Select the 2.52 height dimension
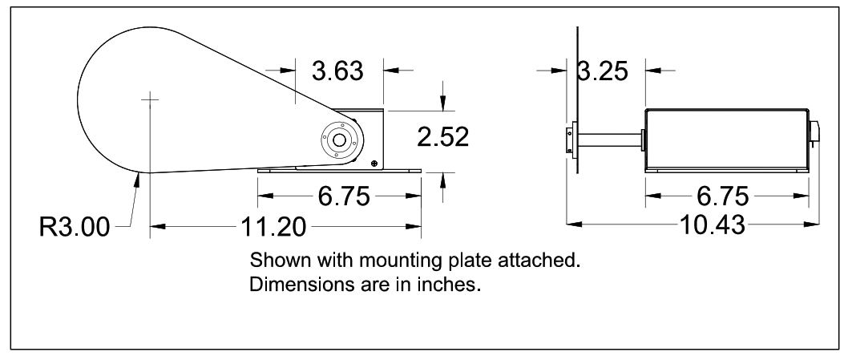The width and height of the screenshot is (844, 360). (442, 137)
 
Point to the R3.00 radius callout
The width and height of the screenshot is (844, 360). (74, 228)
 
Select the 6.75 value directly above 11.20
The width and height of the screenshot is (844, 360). (338, 196)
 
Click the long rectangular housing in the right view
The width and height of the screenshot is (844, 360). (728, 140)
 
